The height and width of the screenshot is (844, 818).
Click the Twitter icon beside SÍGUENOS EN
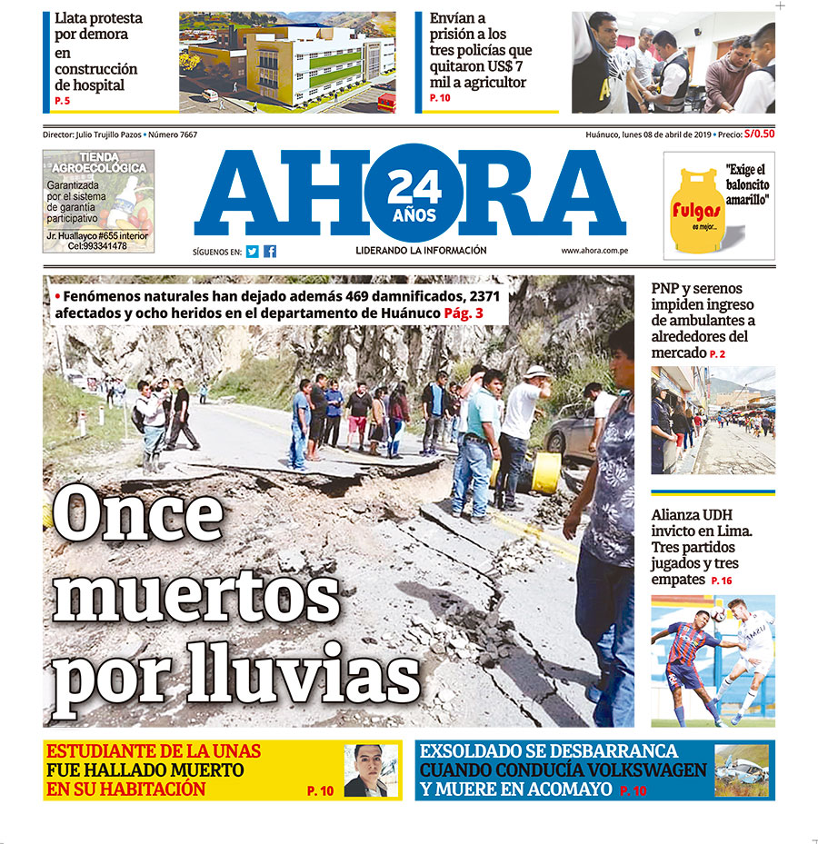pyautogui.click(x=252, y=252)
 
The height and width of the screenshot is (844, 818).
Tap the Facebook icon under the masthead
pyautogui.click(x=270, y=252)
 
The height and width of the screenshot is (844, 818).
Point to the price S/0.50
pyautogui.click(x=760, y=134)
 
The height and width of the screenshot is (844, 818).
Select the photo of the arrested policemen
pyautogui.click(x=673, y=62)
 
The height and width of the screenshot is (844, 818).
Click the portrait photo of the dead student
pyautogui.click(x=371, y=770)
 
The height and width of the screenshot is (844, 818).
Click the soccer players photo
pyautogui.click(x=712, y=660)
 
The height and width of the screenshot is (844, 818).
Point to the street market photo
pyautogui.click(x=712, y=420)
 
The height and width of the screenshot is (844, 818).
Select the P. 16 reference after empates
pyautogui.click(x=721, y=581)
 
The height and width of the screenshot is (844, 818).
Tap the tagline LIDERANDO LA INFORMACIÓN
pyautogui.click(x=421, y=251)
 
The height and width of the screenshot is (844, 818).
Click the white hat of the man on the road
pyautogui.click(x=537, y=371)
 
